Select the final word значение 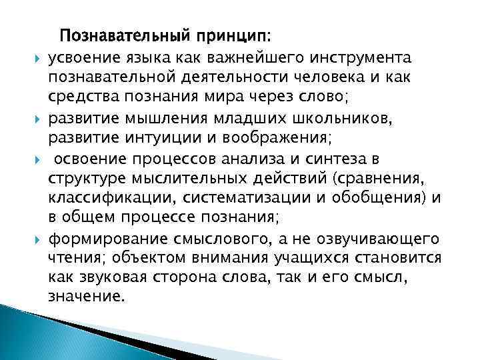point(86,296)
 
